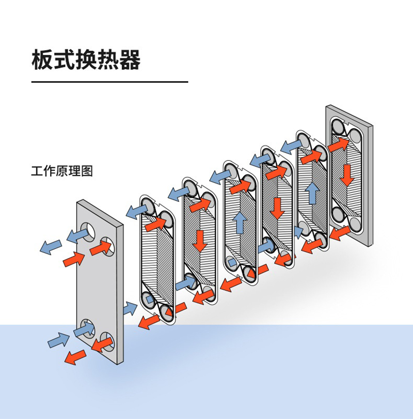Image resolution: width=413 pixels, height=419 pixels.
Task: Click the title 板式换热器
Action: pos(86,60)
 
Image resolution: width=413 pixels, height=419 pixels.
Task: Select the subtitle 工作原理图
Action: pos(62,171)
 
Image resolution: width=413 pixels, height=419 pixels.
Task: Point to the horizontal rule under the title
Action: pos(109,82)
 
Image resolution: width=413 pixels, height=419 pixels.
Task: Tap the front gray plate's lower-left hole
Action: pos(86,327)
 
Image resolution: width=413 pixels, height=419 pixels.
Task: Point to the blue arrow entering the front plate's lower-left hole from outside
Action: pos(58,340)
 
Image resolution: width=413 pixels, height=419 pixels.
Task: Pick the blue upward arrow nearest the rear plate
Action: pos(311,193)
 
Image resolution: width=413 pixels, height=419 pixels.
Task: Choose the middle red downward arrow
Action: pos(278,208)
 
